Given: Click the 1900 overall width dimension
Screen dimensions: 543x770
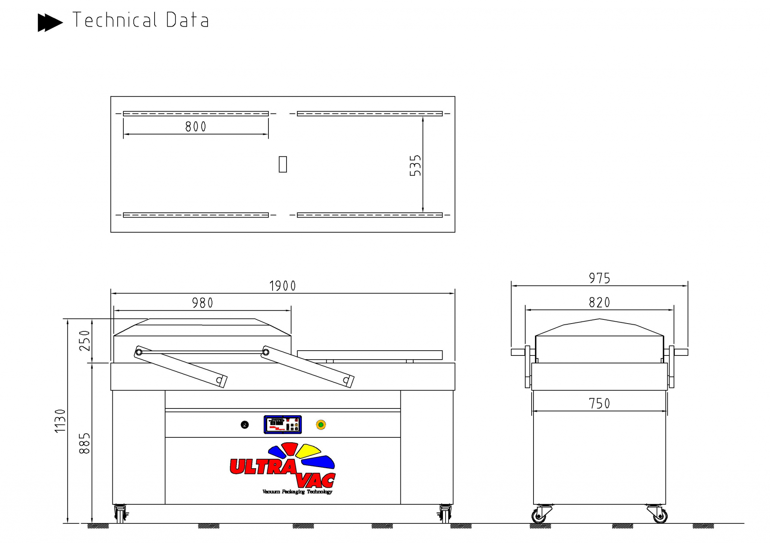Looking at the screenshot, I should (x=283, y=286).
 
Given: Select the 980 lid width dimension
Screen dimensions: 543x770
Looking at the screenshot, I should (x=202, y=303).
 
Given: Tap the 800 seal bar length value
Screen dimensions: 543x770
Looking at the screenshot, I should (x=196, y=127).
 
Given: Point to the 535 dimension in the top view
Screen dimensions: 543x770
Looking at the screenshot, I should (x=415, y=165).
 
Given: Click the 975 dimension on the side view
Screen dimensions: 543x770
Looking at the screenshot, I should (x=599, y=278).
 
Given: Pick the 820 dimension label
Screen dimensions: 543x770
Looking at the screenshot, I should (x=599, y=303).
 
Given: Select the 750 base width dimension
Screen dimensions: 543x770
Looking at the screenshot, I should (x=599, y=404).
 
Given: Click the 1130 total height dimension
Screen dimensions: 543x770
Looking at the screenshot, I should (x=60, y=421).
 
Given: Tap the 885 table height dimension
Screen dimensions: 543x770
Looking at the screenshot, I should (x=85, y=443).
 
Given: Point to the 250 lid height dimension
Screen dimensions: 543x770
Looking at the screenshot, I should (x=85, y=341).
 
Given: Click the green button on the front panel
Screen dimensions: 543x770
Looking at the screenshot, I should (x=321, y=425).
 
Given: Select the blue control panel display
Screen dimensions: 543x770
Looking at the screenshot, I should (x=283, y=425).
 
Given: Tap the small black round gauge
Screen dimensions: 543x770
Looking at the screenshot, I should (x=244, y=425).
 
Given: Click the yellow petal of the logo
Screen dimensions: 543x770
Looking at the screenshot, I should (x=308, y=451).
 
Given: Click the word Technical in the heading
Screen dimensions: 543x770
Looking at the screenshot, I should (x=115, y=20).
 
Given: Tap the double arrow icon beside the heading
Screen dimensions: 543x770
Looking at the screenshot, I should (x=50, y=22).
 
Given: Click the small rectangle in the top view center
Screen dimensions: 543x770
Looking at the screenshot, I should (x=283, y=164).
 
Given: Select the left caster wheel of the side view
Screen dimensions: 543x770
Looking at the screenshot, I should (x=539, y=516).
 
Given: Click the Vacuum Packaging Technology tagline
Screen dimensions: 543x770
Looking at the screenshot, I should (x=297, y=492).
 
